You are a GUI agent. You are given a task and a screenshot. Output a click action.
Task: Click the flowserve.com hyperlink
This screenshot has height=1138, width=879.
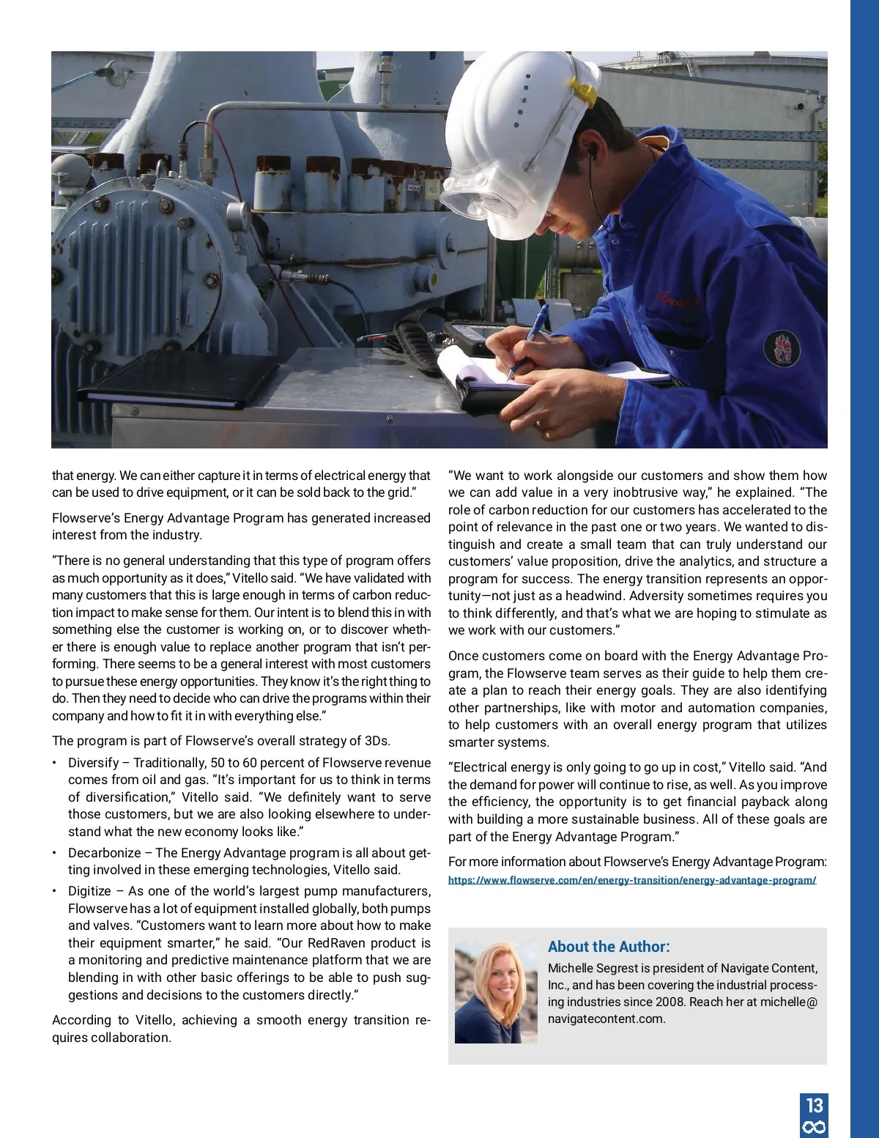coord(632,880)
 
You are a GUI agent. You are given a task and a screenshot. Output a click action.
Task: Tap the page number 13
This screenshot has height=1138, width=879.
coord(815,1105)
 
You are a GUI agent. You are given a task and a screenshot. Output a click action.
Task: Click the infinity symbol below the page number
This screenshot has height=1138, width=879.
coord(815,1127)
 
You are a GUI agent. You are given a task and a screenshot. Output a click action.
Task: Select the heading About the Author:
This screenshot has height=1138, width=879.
coord(609,947)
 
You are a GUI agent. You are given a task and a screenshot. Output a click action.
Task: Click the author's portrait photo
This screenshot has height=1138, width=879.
coord(496,992)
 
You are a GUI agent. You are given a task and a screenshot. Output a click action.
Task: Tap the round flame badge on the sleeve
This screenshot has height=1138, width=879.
coord(782,348)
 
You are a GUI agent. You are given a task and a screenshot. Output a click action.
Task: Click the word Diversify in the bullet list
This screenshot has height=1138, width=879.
coord(93,763)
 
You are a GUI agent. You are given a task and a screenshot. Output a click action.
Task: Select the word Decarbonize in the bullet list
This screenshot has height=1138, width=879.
coord(104,853)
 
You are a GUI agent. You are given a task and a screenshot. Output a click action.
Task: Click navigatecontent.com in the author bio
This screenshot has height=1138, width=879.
coord(606,1019)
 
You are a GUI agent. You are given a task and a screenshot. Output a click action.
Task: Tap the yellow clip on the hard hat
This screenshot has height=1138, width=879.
coord(582,92)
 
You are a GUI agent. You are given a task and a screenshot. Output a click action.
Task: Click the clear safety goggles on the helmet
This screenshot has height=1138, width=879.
coord(483,194)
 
